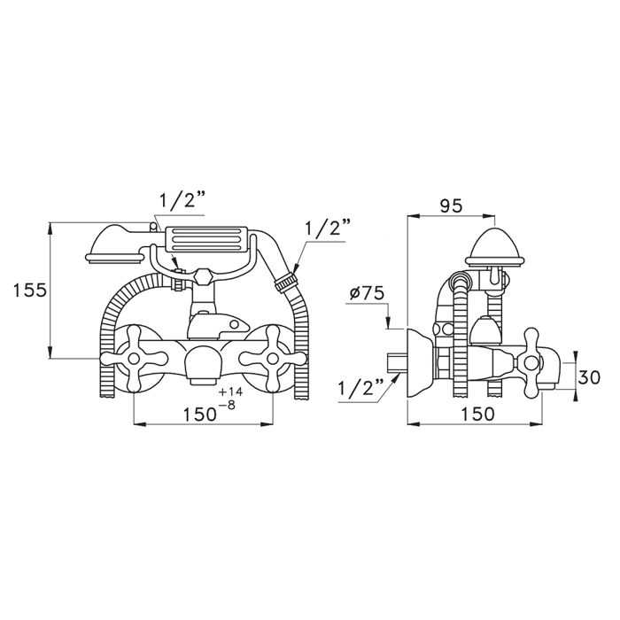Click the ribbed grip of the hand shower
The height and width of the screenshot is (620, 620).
[x=205, y=240]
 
